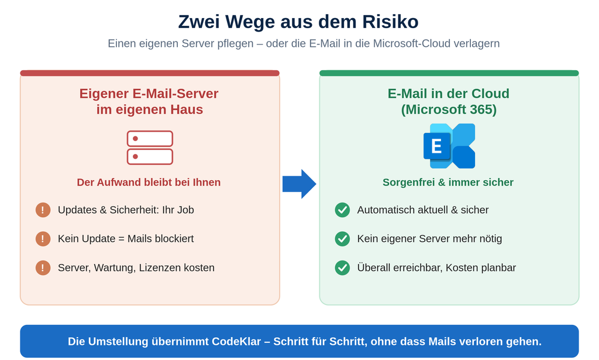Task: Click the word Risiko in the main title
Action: coord(390,22)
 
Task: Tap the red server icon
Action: coord(150,148)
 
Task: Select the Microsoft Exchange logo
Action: coord(449,146)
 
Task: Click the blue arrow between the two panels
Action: coord(299,184)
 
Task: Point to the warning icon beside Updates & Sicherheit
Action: coord(43,210)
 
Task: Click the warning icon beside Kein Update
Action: coord(43,239)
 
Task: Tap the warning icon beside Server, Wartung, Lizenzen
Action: coord(43,268)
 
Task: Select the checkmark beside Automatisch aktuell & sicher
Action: coord(342,210)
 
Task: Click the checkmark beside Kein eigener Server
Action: coord(342,239)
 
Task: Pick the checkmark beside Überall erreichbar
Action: coord(342,268)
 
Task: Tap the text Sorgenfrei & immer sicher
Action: coord(448,182)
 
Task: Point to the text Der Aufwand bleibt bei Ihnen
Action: coord(149,182)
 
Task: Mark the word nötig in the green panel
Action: coord(490,239)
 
